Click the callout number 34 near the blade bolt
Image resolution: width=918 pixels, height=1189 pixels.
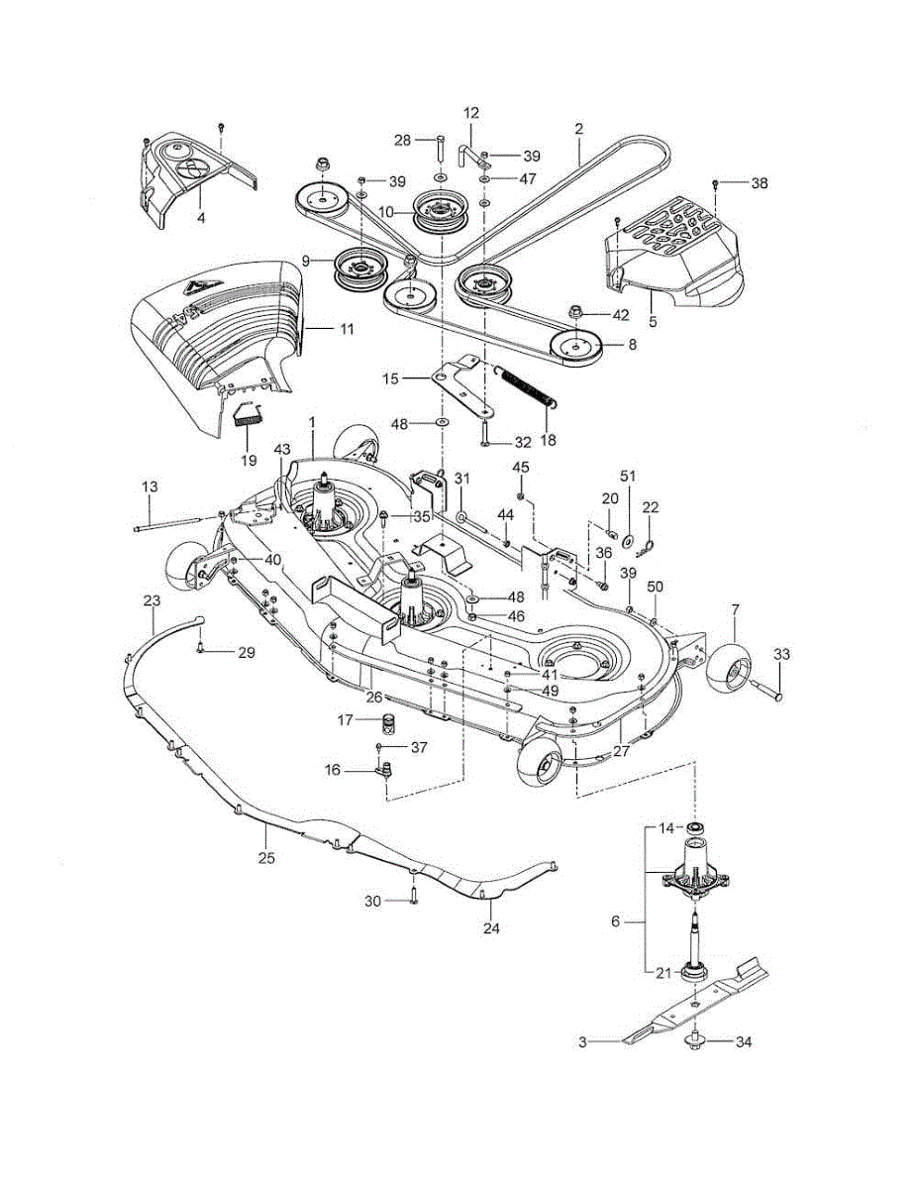click(743, 1042)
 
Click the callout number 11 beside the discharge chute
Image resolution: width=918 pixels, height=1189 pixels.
click(347, 329)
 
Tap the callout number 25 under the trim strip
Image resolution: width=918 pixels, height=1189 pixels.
click(266, 858)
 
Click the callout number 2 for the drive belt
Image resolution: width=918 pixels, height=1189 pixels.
click(579, 129)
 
